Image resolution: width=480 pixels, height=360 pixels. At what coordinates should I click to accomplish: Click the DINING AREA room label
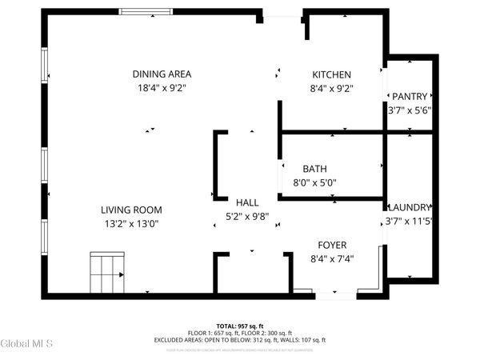click(x=162, y=74)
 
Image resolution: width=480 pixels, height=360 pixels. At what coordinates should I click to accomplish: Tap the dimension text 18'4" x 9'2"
click(x=162, y=88)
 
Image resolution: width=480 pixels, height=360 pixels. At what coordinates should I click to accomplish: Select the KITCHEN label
click(x=331, y=74)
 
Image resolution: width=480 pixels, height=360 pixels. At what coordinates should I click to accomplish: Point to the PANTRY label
click(x=410, y=96)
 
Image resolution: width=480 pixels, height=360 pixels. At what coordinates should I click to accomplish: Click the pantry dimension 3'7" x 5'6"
click(x=410, y=110)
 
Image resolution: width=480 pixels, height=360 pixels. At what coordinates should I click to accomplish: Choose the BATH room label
click(x=314, y=169)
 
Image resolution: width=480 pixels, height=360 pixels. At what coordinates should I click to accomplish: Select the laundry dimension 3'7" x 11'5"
click(x=409, y=221)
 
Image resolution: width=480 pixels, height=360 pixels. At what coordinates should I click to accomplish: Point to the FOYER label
click(x=331, y=245)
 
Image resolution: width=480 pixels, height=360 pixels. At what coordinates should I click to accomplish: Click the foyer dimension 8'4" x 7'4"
click(x=331, y=258)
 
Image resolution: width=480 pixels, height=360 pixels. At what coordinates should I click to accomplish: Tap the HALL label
click(x=247, y=202)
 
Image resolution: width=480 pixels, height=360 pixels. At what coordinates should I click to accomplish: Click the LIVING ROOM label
click(x=130, y=210)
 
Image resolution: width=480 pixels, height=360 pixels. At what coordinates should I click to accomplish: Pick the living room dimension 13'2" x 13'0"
click(x=130, y=224)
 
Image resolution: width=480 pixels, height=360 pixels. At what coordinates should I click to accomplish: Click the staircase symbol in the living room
click(x=108, y=274)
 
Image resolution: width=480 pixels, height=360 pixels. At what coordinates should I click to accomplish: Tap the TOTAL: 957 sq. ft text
click(x=240, y=326)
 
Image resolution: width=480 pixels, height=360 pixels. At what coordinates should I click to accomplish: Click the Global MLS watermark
click(x=26, y=344)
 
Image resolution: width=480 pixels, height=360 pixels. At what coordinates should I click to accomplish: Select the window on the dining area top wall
click(x=144, y=12)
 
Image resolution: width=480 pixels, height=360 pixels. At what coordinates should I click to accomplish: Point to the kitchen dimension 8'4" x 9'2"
click(x=331, y=88)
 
